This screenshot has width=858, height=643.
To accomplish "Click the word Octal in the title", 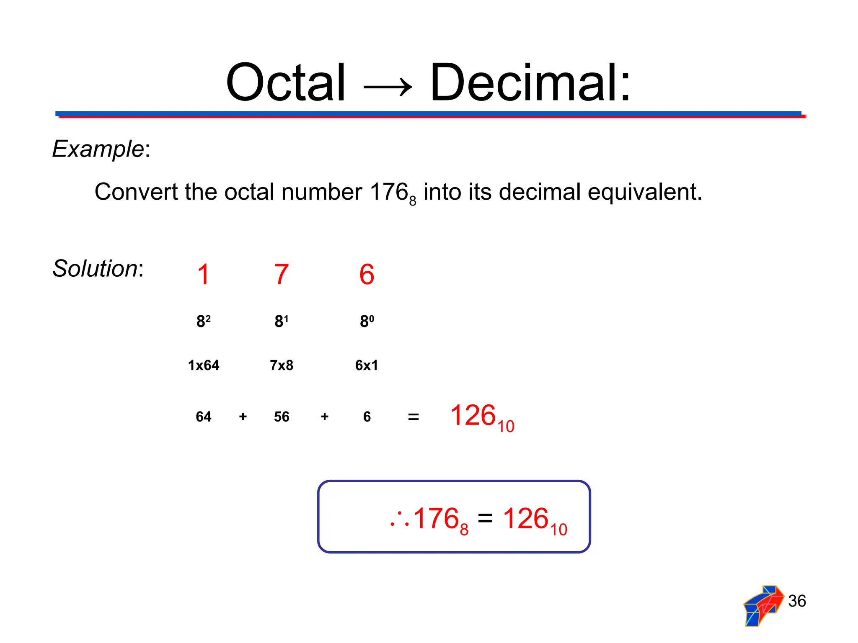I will [x=286, y=82].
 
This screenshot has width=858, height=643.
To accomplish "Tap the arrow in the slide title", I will [x=388, y=87].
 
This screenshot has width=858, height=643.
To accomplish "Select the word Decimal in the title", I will [x=530, y=82].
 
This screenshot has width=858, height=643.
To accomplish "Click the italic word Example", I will [x=98, y=149].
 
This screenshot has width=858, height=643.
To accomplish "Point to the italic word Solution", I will [x=95, y=268].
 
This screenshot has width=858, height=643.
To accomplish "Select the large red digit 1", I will [x=203, y=275].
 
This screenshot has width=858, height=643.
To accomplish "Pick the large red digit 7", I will [x=282, y=275].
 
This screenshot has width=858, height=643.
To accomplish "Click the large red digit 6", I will [x=367, y=275].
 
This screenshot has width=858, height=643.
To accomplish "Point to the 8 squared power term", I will [x=203, y=321].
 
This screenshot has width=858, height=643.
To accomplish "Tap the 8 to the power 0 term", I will [x=367, y=321].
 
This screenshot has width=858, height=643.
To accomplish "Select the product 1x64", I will [x=203, y=365].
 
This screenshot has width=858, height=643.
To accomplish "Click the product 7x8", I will [x=282, y=365].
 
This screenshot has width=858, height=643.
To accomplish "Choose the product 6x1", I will [x=367, y=365].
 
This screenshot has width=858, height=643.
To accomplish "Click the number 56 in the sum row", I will [x=282, y=417].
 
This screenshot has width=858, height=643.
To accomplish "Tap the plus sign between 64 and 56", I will [x=243, y=417].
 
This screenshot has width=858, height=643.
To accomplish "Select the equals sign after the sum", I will [x=413, y=417].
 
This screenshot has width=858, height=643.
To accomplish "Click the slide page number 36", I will [x=797, y=601].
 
